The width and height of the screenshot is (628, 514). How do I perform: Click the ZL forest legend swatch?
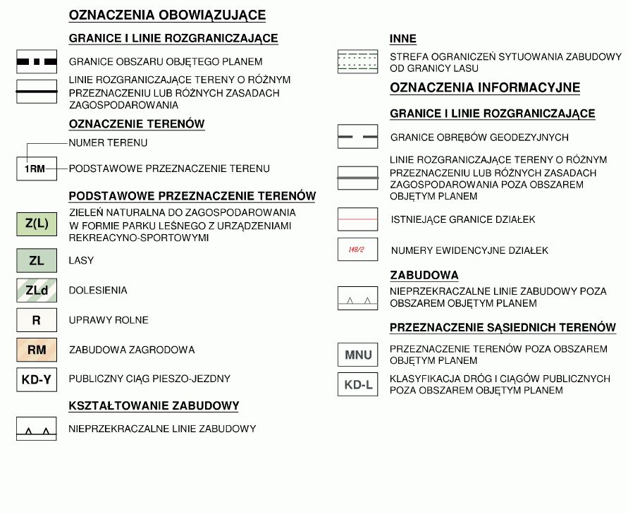[x=37, y=261]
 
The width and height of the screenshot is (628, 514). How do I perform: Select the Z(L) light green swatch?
[x=37, y=224]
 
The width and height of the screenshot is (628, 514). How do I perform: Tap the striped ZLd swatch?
[x=37, y=290]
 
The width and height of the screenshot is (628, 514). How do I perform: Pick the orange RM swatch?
[x=37, y=350]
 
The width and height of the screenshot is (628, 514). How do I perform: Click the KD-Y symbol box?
[x=37, y=379]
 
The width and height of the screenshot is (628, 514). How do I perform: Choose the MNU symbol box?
[x=358, y=355]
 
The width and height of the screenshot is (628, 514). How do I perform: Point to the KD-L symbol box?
[x=358, y=385]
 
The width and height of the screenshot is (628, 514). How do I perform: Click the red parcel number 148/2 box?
[x=358, y=250]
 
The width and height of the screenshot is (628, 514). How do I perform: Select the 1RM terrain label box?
[x=37, y=169]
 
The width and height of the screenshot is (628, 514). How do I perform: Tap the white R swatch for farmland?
[x=37, y=320]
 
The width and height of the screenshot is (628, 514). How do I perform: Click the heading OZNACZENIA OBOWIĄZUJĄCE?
[x=167, y=15]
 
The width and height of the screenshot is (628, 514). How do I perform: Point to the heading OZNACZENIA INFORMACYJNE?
[x=485, y=87]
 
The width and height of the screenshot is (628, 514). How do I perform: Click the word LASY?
[x=81, y=261]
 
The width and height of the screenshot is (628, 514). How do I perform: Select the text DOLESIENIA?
[x=98, y=290]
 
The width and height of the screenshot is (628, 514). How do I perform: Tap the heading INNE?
[x=402, y=39]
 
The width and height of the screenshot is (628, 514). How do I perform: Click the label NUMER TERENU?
[x=108, y=143]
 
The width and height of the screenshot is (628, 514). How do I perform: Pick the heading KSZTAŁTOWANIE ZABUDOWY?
[x=154, y=406]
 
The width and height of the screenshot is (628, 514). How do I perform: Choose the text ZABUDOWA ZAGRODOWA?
[x=132, y=350]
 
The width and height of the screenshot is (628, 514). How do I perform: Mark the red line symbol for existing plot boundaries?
[x=358, y=219]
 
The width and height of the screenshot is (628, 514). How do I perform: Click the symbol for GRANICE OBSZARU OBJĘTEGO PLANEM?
[x=37, y=62]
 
